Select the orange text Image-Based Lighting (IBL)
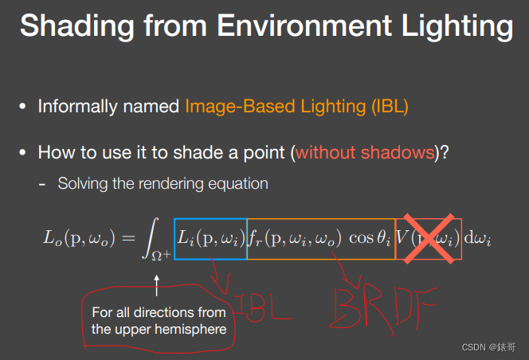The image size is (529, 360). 296,106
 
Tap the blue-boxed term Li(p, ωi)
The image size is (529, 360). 210,238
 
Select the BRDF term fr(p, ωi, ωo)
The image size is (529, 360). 295,238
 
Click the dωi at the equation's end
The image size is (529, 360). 478,238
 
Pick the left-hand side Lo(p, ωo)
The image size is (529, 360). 76,238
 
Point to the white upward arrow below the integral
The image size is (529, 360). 156,282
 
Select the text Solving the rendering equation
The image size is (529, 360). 163,183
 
